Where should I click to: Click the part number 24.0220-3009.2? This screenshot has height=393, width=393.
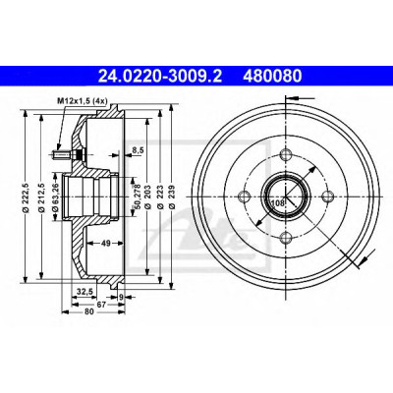160,77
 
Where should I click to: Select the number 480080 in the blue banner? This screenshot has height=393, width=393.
271,77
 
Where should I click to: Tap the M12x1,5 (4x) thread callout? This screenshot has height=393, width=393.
83,101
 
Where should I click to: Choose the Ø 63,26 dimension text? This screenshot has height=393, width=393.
55,197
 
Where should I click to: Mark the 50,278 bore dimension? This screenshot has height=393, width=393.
138,196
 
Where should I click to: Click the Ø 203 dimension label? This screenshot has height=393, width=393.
147,197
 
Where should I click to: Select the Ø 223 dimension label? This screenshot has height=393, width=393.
160,197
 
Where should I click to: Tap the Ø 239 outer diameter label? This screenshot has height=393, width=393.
173,197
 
